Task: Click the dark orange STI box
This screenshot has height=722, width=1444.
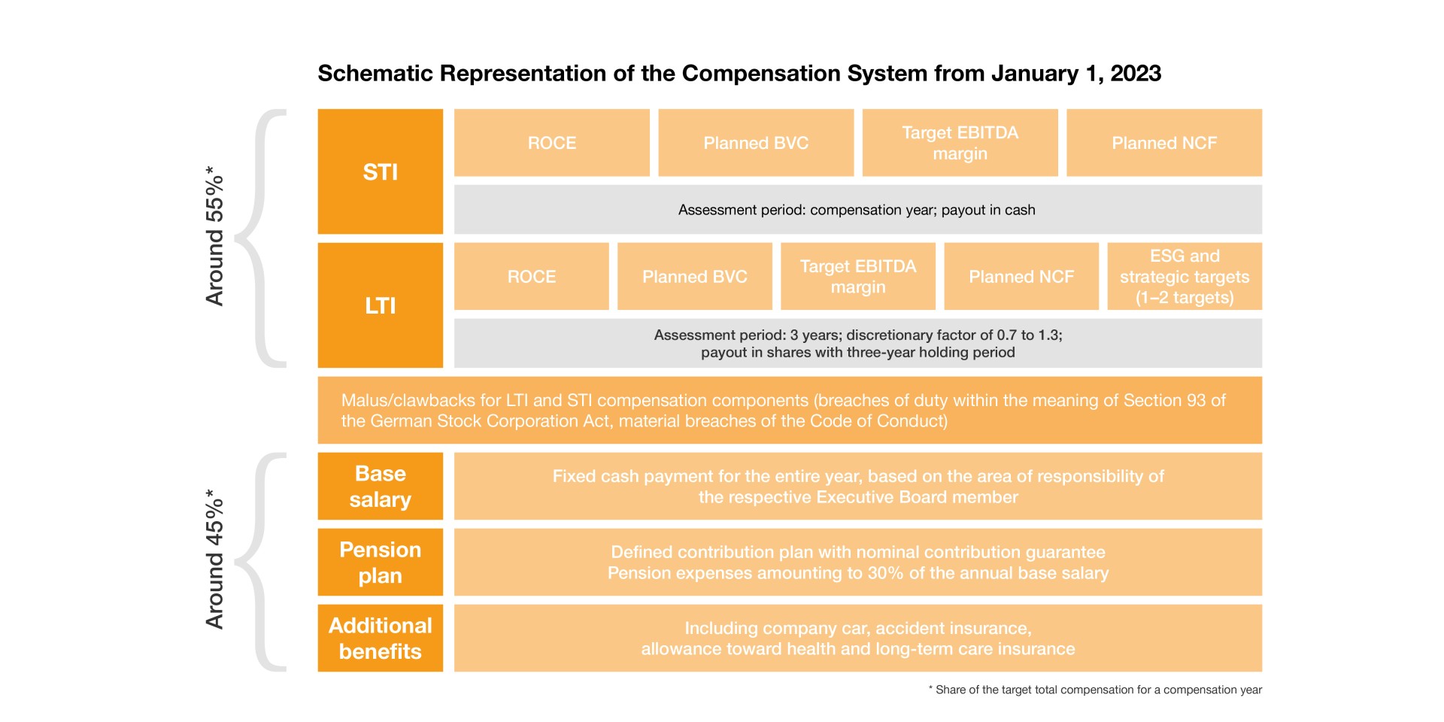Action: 380,171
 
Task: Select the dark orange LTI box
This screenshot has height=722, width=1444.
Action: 380,305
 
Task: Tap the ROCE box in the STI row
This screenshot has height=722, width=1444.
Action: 551,143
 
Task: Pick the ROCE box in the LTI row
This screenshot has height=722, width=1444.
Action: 531,277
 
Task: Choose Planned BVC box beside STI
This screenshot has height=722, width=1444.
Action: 756,143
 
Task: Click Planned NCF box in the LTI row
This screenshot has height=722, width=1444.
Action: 1021,277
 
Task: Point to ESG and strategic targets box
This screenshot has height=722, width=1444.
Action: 1184,277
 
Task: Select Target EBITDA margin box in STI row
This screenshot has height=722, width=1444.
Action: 960,143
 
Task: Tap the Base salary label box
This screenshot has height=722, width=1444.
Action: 380,487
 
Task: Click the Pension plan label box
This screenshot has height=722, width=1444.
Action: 380,563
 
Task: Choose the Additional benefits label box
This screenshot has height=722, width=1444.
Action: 380,639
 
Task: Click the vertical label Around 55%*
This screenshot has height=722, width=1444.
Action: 215,237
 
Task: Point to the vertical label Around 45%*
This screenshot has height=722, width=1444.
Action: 215,560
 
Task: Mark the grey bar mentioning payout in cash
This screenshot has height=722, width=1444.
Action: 857,210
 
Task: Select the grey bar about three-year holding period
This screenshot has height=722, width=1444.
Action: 857,344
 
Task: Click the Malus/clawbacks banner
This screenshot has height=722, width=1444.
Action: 790,411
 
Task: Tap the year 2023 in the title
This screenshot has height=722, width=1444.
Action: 1136,74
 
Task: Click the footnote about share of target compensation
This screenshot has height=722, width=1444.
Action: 1095,690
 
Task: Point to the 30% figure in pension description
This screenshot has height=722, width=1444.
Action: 885,573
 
